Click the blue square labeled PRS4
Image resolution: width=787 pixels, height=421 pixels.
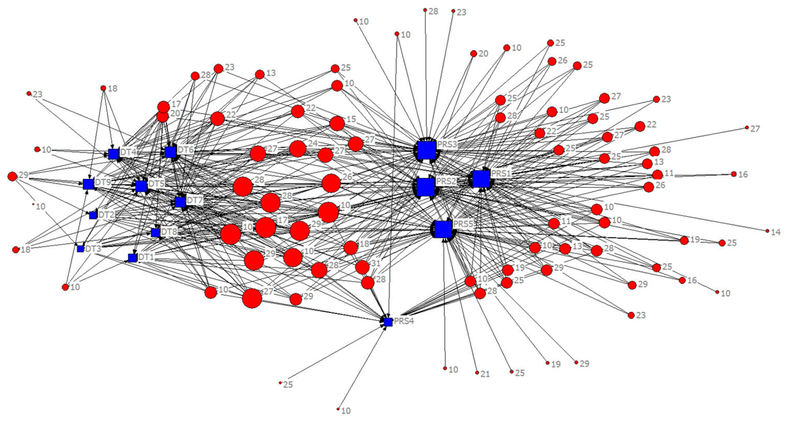click(x=388, y=322)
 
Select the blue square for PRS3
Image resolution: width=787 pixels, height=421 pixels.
click(x=426, y=150)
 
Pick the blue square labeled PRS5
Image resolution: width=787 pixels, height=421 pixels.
click(x=443, y=229)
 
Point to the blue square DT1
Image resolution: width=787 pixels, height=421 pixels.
click(x=132, y=258)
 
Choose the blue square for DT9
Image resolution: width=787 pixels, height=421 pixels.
click(x=88, y=184)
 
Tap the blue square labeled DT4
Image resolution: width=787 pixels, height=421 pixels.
click(x=113, y=154)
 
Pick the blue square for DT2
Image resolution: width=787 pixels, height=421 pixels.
click(x=93, y=215)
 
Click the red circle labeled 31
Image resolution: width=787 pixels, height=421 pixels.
click(x=362, y=267)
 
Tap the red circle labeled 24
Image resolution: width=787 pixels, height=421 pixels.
click(x=298, y=149)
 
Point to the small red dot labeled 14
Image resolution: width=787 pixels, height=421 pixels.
click(x=768, y=231)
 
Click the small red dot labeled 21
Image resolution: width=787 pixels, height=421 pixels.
click(x=477, y=372)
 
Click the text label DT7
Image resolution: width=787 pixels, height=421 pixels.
click(x=195, y=201)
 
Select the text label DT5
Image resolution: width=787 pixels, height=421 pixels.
click(x=156, y=183)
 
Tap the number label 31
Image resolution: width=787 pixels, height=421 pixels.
click(x=376, y=263)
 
